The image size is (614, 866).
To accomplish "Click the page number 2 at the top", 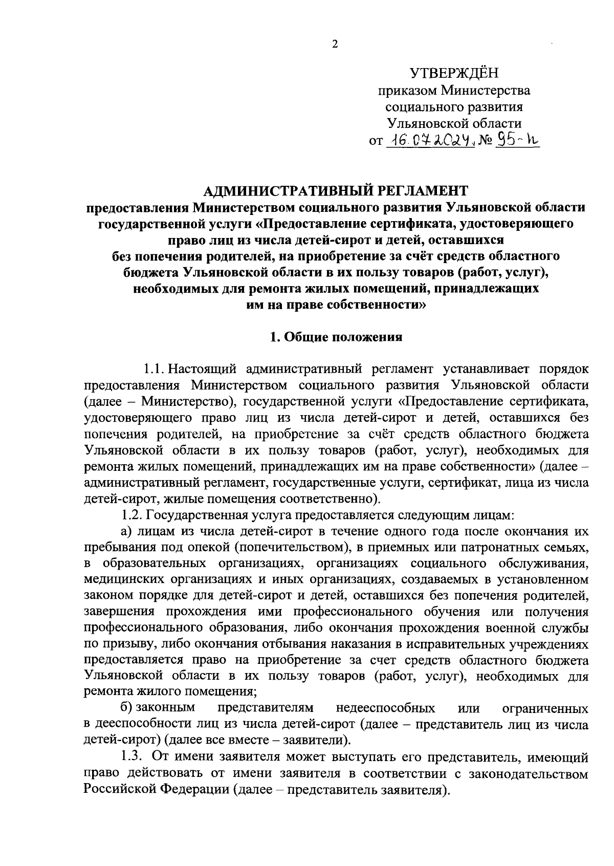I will tap(335, 45).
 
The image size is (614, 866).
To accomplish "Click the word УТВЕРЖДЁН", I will tap(454, 73).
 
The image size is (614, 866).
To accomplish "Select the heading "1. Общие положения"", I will tap(336, 337).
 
